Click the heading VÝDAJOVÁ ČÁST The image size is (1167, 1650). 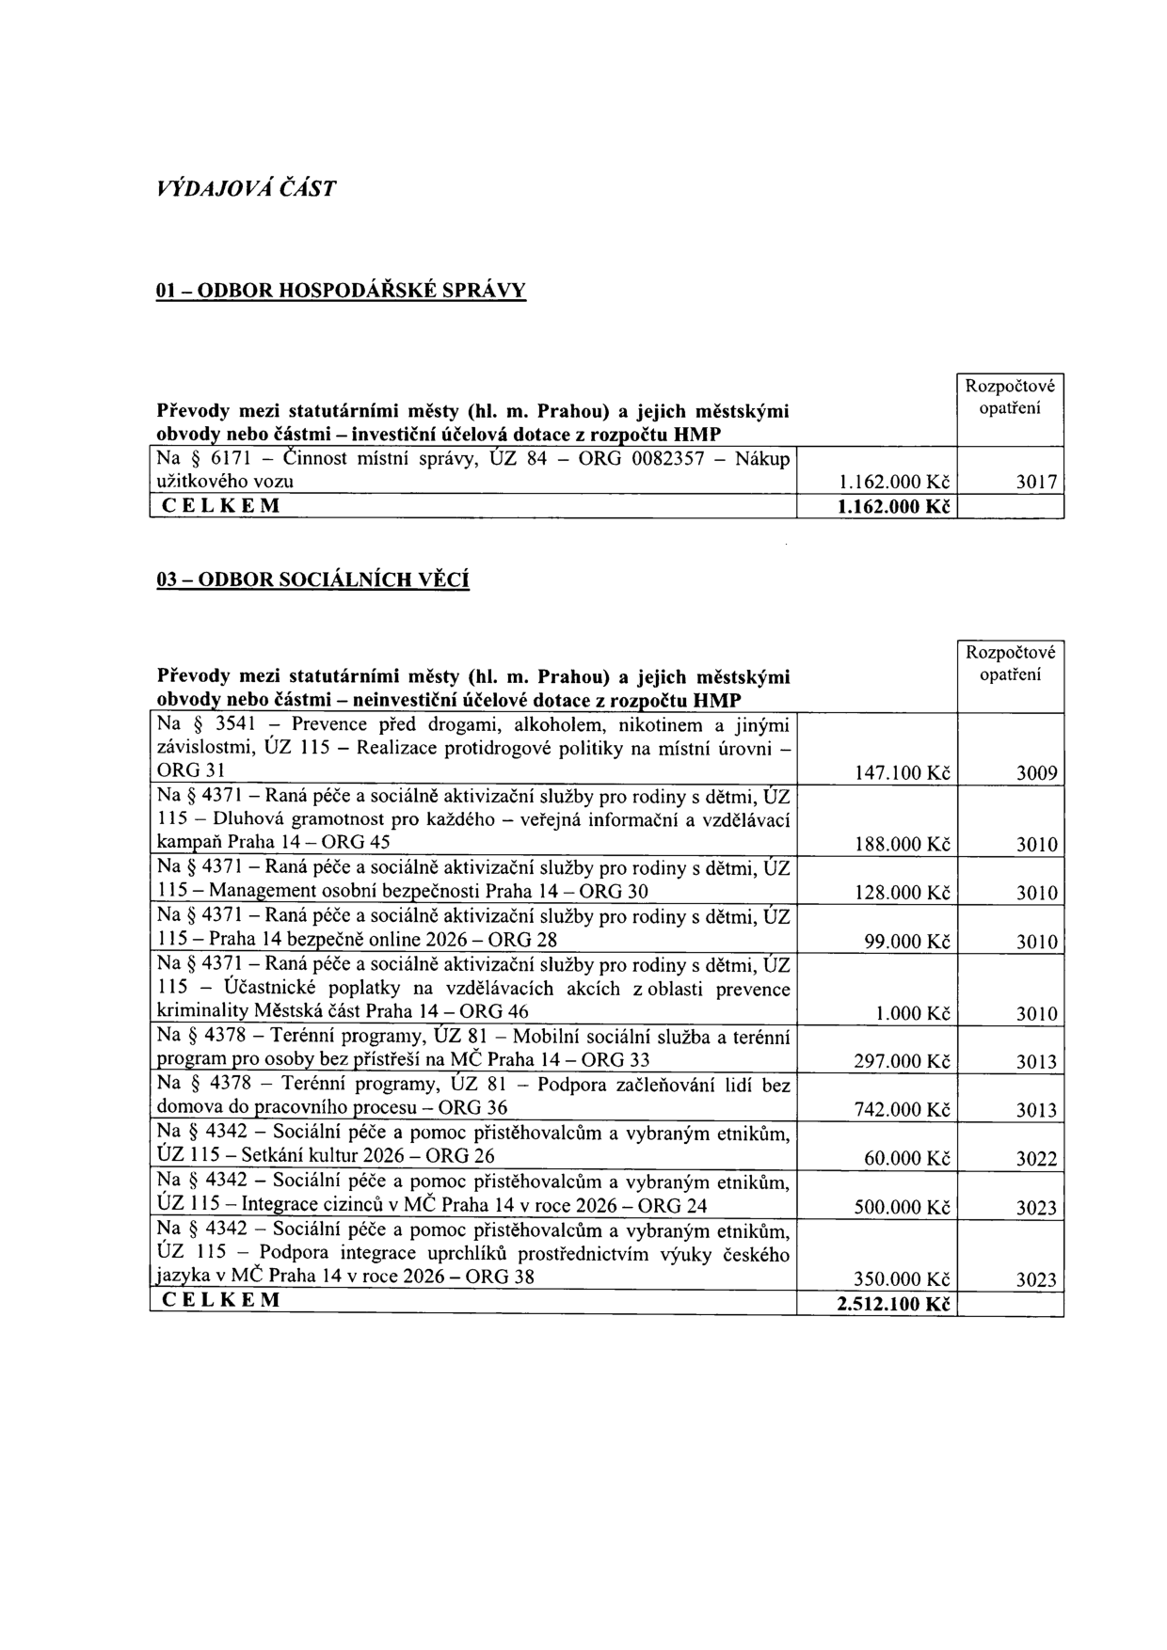[x=245, y=188]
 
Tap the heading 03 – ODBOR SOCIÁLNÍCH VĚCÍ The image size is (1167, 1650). [x=312, y=579]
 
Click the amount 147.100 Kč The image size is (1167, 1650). [x=901, y=774]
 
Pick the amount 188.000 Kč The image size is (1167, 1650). [x=901, y=845]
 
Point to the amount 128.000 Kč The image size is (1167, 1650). [x=901, y=893]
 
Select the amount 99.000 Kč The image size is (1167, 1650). [x=905, y=942]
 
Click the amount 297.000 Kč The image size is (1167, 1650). [x=901, y=1062]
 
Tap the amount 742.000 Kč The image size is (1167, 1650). [x=901, y=1111]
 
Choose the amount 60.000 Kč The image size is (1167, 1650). [x=905, y=1159]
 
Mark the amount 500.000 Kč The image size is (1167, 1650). [x=901, y=1208]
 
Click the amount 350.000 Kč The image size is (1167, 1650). [x=901, y=1280]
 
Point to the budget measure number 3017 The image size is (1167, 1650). [x=1037, y=483]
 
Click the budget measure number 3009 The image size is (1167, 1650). [x=1037, y=774]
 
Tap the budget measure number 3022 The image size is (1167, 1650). [x=1037, y=1159]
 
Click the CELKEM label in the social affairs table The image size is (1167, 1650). [x=222, y=1302]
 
